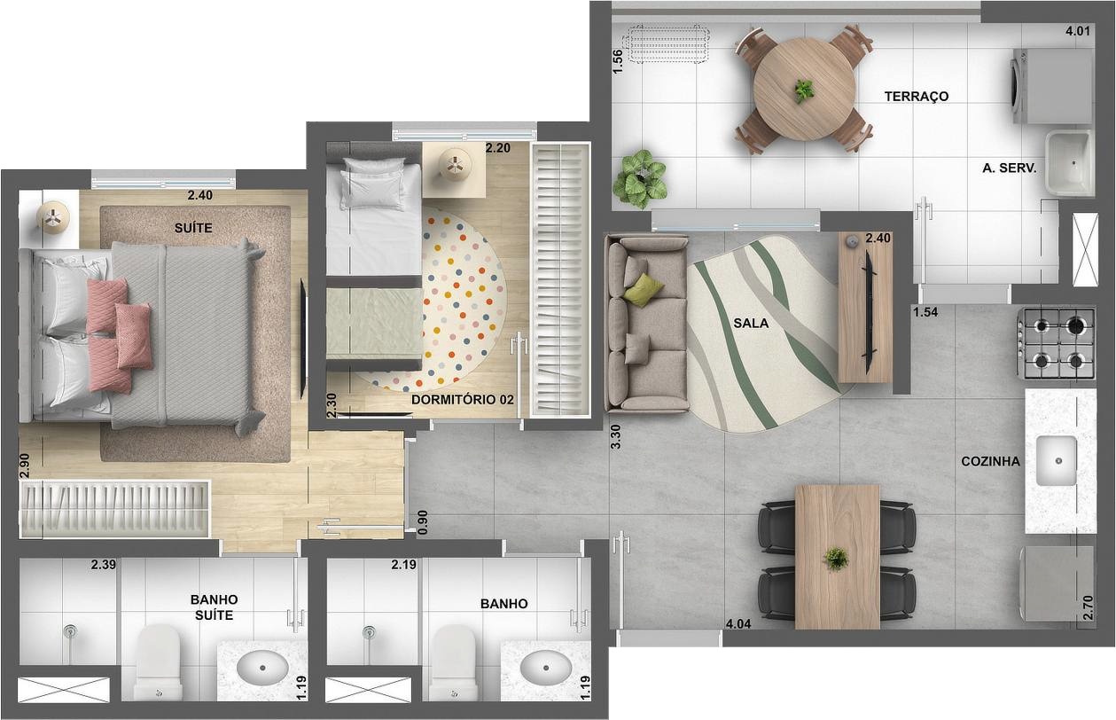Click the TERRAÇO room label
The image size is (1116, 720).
pyautogui.click(x=916, y=96)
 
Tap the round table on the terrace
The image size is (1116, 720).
pyautogui.click(x=804, y=89)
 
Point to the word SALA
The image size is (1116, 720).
pyautogui.click(x=751, y=324)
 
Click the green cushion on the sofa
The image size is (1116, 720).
pyautogui.click(x=644, y=289)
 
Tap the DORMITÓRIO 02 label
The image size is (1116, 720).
pyautogui.click(x=463, y=400)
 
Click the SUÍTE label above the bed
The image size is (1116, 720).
pyautogui.click(x=193, y=228)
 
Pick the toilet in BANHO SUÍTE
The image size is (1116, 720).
pyautogui.click(x=160, y=661)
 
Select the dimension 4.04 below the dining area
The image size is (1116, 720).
pyautogui.click(x=738, y=623)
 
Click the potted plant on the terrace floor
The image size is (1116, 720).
pyautogui.click(x=642, y=176)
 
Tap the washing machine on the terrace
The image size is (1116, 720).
pyautogui.click(x=1051, y=86)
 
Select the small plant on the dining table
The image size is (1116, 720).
pyautogui.click(x=835, y=559)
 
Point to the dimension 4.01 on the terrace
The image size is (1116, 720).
pyautogui.click(x=1077, y=31)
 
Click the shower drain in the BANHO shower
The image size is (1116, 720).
pyautogui.click(x=369, y=632)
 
